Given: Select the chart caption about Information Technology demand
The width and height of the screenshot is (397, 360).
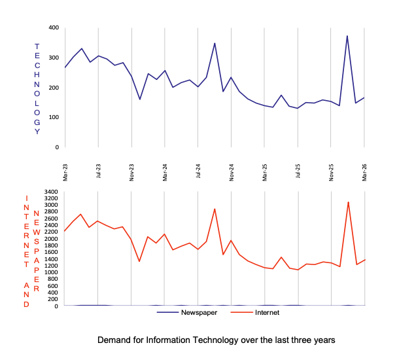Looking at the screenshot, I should (216, 340).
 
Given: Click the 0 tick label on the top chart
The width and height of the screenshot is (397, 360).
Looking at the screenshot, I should (57, 147).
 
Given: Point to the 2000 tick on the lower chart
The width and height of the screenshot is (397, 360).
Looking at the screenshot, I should (51, 239).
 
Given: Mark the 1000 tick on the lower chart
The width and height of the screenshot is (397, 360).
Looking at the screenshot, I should (51, 272).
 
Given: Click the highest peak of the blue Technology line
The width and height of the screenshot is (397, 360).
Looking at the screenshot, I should (347, 36).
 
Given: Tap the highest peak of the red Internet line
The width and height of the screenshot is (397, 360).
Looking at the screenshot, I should (348, 202).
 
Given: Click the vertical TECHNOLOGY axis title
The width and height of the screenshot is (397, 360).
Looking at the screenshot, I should (37, 89).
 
